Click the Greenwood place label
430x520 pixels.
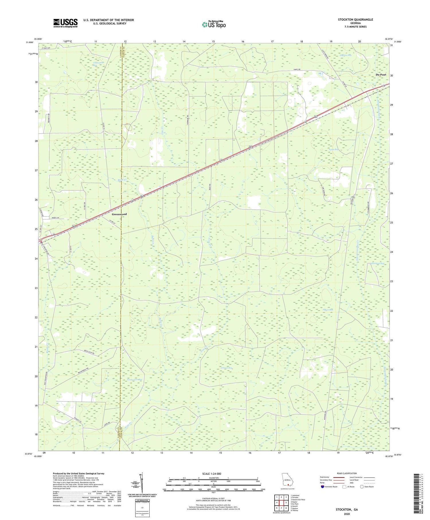pos(119,214)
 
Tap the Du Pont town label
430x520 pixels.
pos(381,75)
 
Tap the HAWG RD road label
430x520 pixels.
pos(296,70)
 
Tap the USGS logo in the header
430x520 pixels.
pos(65,23)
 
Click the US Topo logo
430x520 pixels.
pos(214,24)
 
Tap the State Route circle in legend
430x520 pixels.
pos(362,486)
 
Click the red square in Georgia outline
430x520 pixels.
pos(288,485)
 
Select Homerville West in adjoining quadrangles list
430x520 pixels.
pos(298,499)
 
